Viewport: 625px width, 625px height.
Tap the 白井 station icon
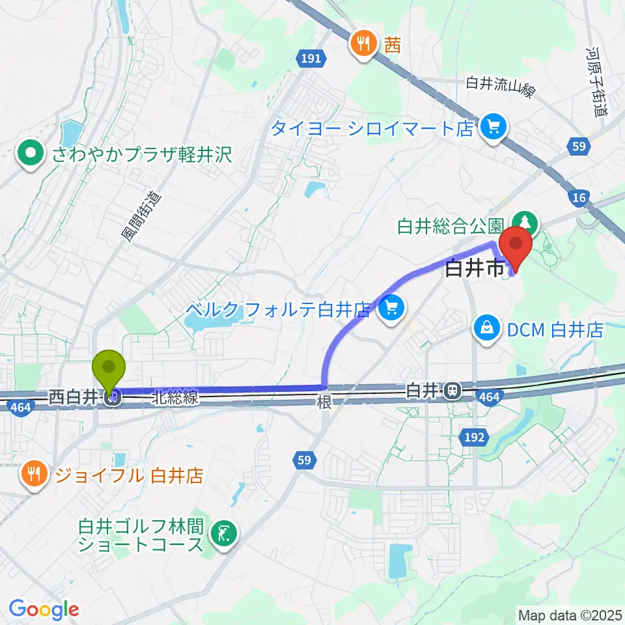click(x=451, y=391)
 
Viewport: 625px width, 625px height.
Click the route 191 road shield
click(x=311, y=59)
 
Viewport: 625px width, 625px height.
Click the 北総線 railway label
click(x=176, y=398)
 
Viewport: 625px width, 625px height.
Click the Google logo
click(x=44, y=609)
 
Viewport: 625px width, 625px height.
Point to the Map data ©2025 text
click(x=569, y=614)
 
